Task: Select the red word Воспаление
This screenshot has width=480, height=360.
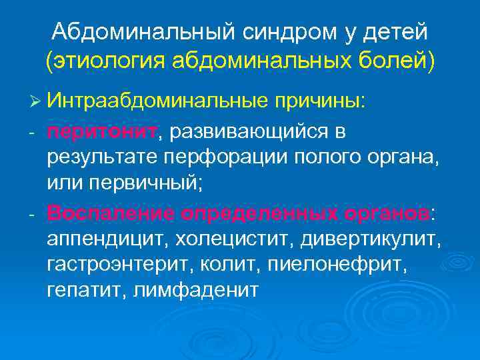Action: tap(107, 213)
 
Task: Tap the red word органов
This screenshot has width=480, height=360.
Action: tap(387, 213)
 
